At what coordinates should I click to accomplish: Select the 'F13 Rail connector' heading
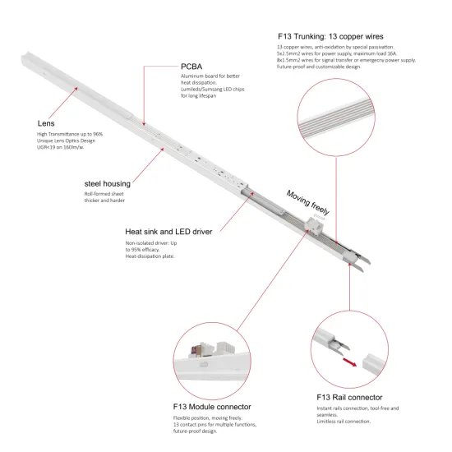[348, 396]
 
